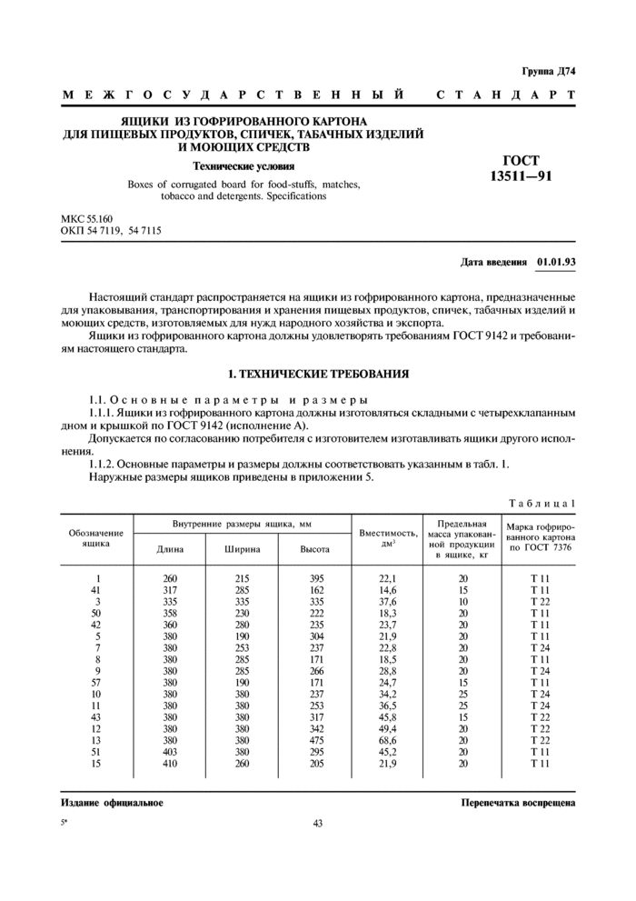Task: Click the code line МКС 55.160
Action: point(86,220)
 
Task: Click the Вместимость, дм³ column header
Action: point(388,536)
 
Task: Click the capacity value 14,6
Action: point(388,590)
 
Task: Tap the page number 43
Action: point(317,824)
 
